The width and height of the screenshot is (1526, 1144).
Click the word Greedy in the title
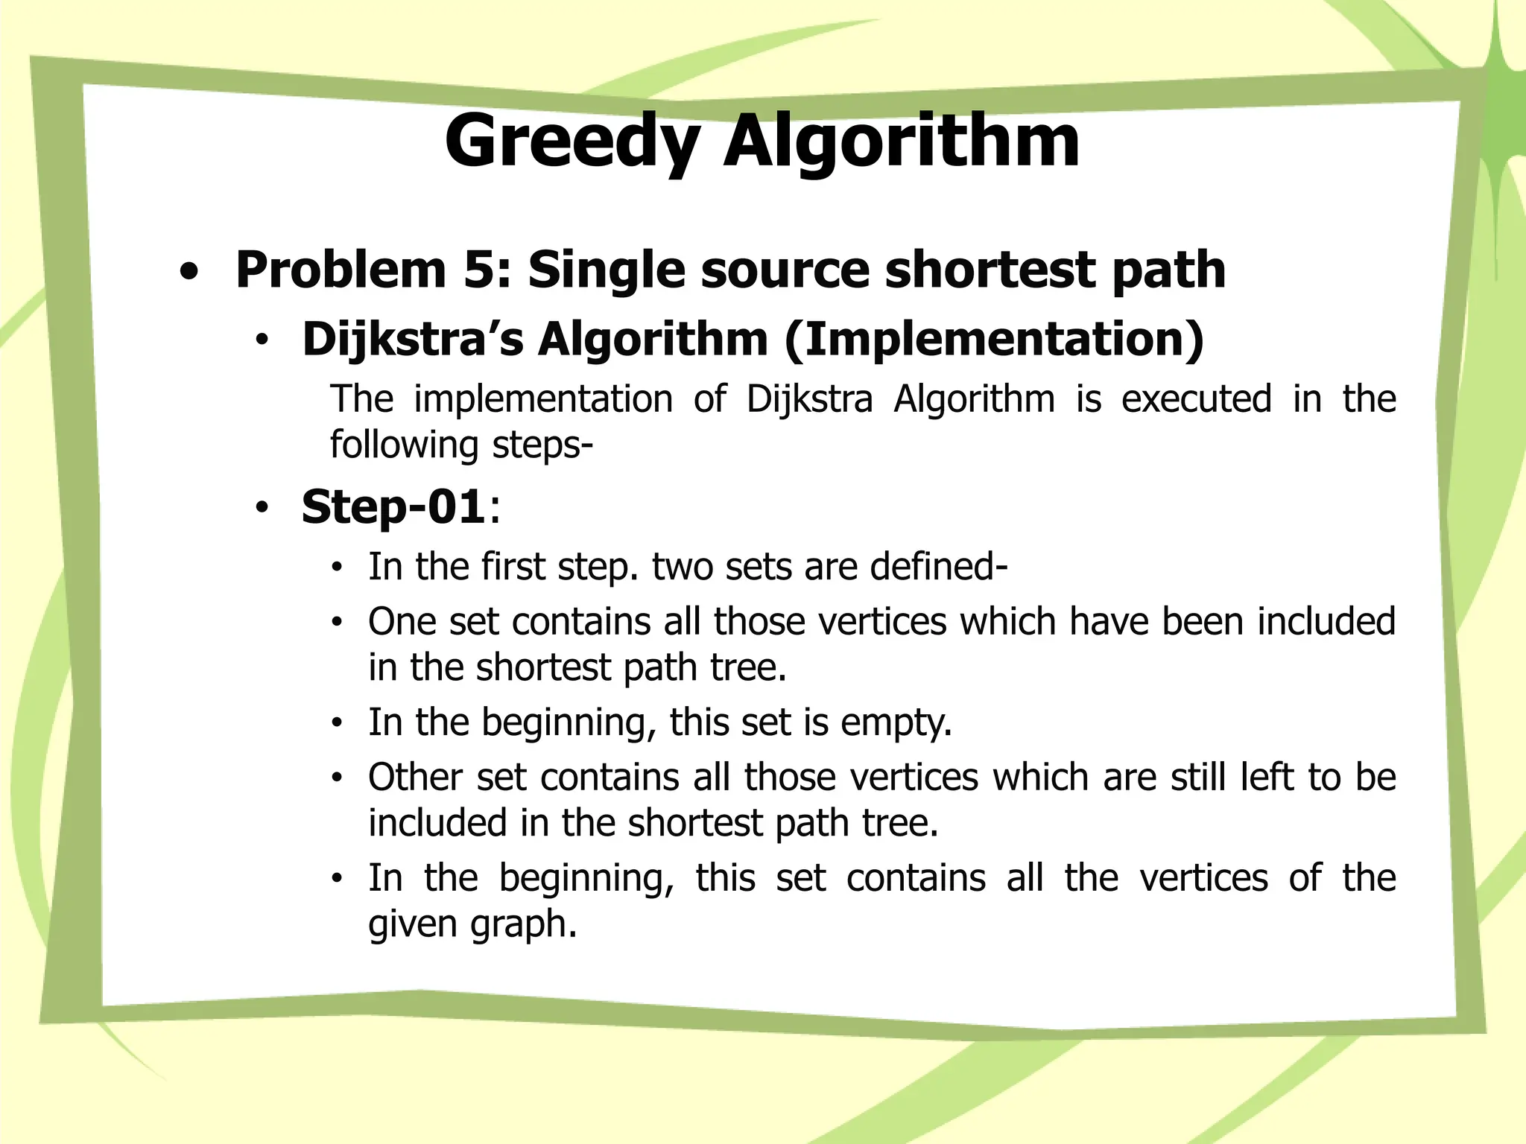(572, 142)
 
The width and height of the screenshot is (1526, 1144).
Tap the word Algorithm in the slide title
(902, 142)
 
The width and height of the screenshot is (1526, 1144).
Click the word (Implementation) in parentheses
(994, 339)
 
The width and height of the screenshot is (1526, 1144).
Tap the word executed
(1196, 398)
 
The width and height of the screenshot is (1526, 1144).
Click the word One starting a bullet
(402, 621)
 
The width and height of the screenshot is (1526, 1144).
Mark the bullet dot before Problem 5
(189, 273)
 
